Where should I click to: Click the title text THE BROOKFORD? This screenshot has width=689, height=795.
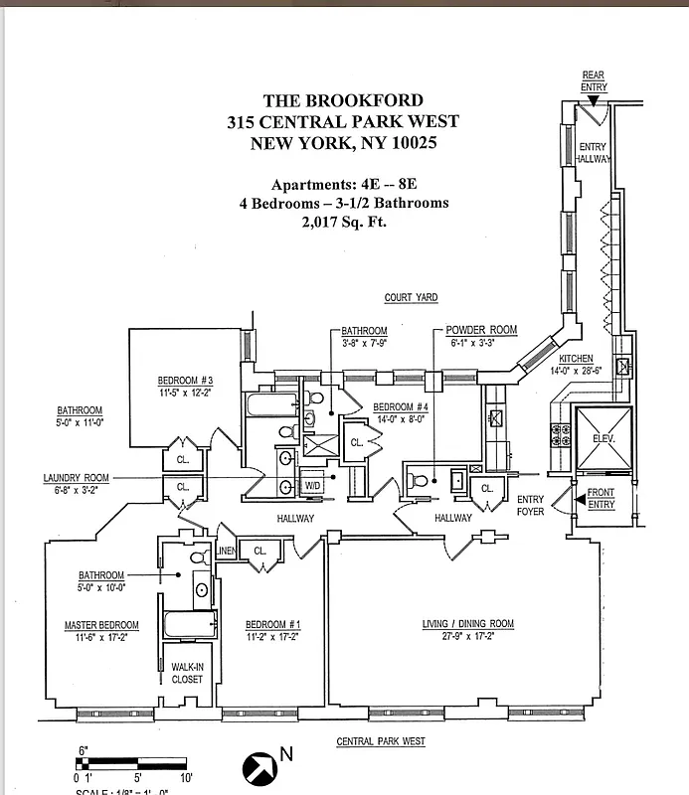(x=343, y=100)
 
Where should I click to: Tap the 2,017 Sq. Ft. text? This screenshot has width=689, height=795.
(x=343, y=223)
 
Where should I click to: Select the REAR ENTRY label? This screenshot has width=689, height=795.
(x=594, y=81)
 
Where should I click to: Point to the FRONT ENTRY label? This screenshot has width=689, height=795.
(x=601, y=499)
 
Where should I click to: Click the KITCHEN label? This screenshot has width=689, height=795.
(x=576, y=358)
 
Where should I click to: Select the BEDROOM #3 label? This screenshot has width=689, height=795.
(x=185, y=381)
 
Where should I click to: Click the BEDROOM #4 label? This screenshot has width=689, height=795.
(x=400, y=407)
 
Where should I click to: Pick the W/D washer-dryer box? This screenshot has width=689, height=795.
(x=312, y=486)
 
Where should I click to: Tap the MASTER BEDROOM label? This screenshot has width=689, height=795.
(x=101, y=625)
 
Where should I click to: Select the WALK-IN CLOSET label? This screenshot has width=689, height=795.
(x=187, y=673)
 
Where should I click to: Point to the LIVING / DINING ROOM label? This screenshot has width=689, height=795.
(x=467, y=624)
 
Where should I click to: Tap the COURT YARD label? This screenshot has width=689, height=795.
(x=411, y=298)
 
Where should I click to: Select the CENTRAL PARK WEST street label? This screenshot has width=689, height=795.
(x=381, y=741)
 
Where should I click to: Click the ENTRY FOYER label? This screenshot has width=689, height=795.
(x=530, y=506)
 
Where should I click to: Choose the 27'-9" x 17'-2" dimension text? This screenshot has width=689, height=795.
(x=467, y=637)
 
